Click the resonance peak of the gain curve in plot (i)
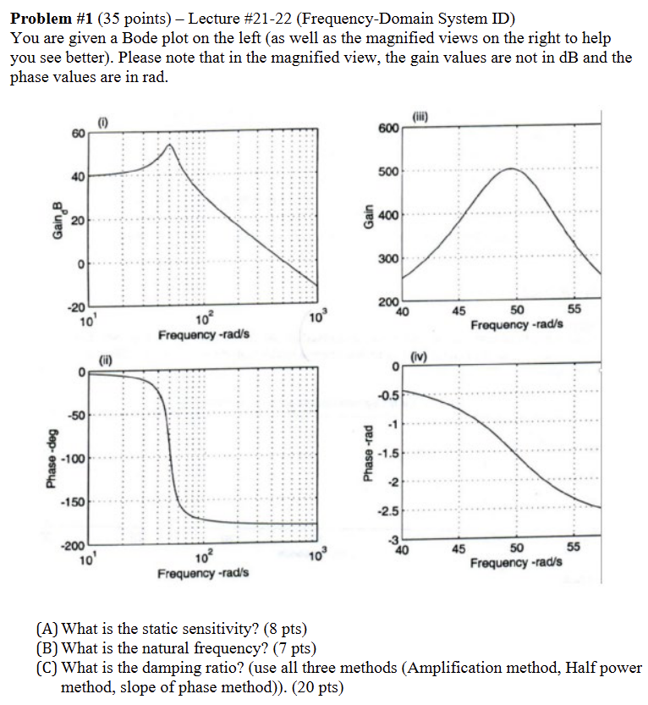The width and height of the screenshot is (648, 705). pos(170,145)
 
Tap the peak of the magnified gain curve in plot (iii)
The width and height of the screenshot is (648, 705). pos(512,169)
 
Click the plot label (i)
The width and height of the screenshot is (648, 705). pos(104,124)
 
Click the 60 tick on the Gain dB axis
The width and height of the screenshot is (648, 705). pos(78,135)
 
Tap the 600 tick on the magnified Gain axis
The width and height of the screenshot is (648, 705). pos(388,128)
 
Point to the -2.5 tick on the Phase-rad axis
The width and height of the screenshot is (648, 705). pos(387,511)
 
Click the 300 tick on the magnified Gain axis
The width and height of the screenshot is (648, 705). pos(388,258)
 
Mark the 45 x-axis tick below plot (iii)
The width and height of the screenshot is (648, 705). pos(459,311)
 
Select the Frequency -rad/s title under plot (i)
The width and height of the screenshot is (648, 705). pos(204,335)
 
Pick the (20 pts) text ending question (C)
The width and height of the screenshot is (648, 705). pos(316,687)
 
